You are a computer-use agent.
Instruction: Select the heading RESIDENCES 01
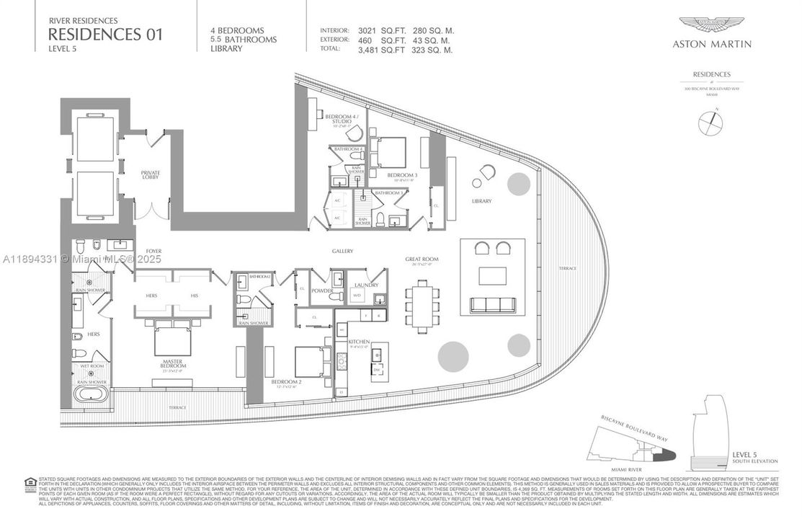[105, 34]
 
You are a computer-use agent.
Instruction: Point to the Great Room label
[423, 259]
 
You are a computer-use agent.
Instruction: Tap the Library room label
[481, 201]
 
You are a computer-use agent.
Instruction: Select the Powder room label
[321, 292]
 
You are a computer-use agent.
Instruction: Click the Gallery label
[342, 251]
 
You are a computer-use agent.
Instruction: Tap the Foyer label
[154, 251]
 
